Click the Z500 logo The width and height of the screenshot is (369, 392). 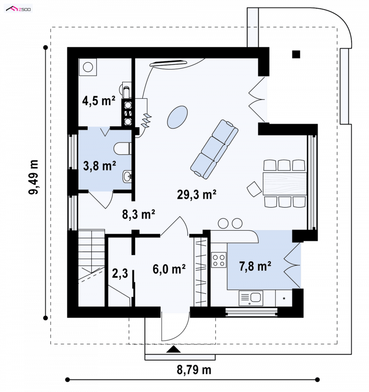coord(18,9)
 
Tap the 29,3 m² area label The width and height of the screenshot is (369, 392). coord(196,194)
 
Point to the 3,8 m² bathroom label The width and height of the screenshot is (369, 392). coord(99,166)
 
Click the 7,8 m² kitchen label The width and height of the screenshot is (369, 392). coord(255,266)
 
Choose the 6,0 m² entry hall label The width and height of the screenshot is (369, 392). coord(169,269)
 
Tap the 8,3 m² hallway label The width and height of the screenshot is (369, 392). coord(138,214)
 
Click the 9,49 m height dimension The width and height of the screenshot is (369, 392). coord(33,177)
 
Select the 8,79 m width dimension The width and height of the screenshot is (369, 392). coord(194,370)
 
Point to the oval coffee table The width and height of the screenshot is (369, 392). coord(177,117)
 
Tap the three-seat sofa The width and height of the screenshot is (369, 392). coord(214,149)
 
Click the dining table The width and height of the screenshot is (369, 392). coord(285,184)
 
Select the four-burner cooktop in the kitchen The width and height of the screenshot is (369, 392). coord(219,260)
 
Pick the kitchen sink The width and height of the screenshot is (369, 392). coord(251,298)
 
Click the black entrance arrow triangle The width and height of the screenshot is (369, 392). coord(173,349)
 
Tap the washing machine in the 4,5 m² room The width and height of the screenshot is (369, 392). coord(88,67)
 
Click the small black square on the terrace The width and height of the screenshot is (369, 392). coord(296,54)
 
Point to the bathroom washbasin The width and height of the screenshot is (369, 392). coord(127,177)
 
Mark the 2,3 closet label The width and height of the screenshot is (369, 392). coord(120,273)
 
